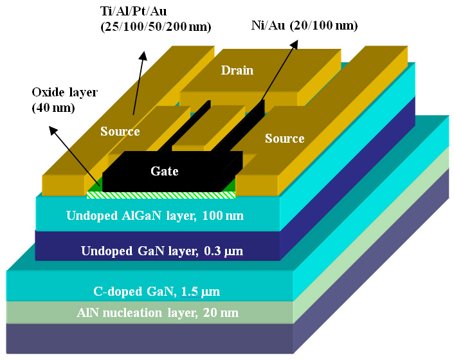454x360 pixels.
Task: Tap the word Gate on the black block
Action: coord(165,171)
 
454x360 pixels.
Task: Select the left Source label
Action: coord(120,132)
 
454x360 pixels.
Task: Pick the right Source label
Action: coord(284,138)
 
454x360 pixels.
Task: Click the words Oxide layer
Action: coord(64,92)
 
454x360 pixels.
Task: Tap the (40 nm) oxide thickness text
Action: coord(53,107)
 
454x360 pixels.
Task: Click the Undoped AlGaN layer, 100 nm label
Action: coord(155,215)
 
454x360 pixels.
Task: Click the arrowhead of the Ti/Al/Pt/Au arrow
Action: coord(145,56)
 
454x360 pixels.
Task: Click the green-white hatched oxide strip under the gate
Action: coord(161,194)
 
